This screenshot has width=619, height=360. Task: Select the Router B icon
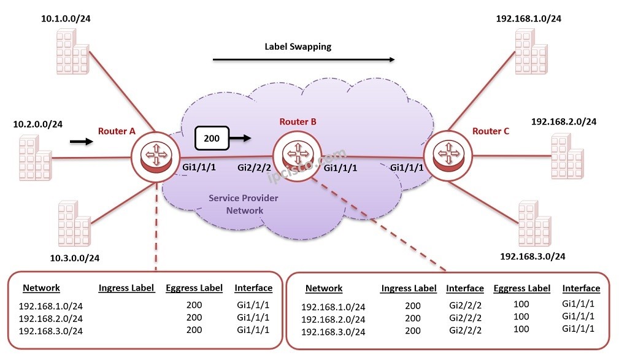tap(298, 151)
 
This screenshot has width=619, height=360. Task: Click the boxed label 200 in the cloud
tap(212, 139)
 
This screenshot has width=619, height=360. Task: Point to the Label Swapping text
tap(298, 46)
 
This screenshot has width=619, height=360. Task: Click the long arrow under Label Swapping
tap(303, 60)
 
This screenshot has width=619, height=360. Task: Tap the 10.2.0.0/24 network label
tap(38, 124)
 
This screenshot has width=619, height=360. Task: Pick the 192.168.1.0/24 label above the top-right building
tap(528, 18)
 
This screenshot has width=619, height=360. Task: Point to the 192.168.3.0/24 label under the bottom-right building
tap(532, 256)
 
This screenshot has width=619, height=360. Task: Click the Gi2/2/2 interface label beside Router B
tap(254, 167)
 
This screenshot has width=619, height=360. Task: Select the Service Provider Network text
tap(244, 204)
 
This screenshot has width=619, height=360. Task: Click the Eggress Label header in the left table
tap(194, 288)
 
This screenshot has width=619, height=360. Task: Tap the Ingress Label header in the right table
tap(409, 288)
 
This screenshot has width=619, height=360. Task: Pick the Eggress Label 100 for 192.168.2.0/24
tap(521, 317)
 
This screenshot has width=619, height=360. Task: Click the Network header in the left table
tap(41, 288)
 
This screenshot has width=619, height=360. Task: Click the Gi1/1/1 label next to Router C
tap(407, 167)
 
